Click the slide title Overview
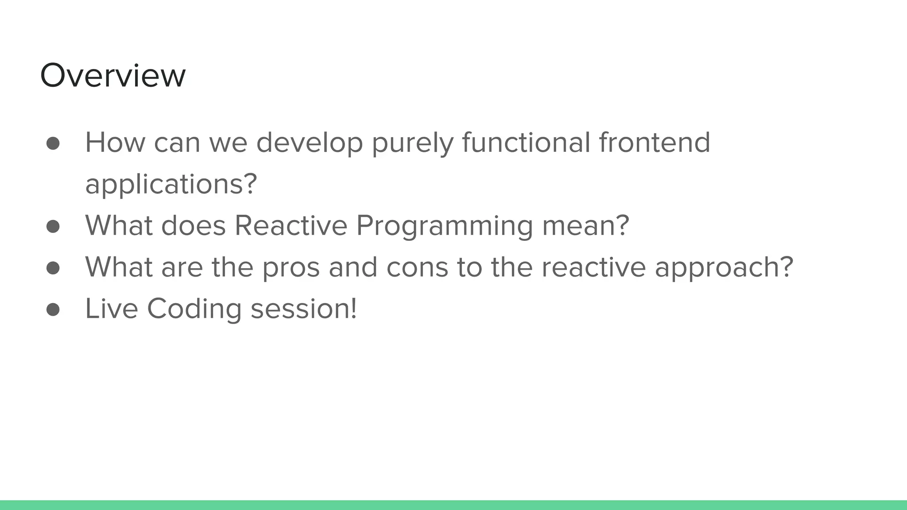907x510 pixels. (112, 75)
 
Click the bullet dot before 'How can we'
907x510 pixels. (53, 143)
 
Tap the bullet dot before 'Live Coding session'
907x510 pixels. (53, 309)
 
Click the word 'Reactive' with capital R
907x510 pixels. (291, 226)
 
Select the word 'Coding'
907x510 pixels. (194, 309)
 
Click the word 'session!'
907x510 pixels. (304, 309)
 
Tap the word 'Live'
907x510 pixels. (111, 309)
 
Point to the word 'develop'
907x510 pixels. (310, 143)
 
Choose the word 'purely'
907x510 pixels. (412, 143)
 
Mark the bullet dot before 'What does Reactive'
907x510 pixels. (53, 226)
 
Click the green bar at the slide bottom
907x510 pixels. (453, 505)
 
